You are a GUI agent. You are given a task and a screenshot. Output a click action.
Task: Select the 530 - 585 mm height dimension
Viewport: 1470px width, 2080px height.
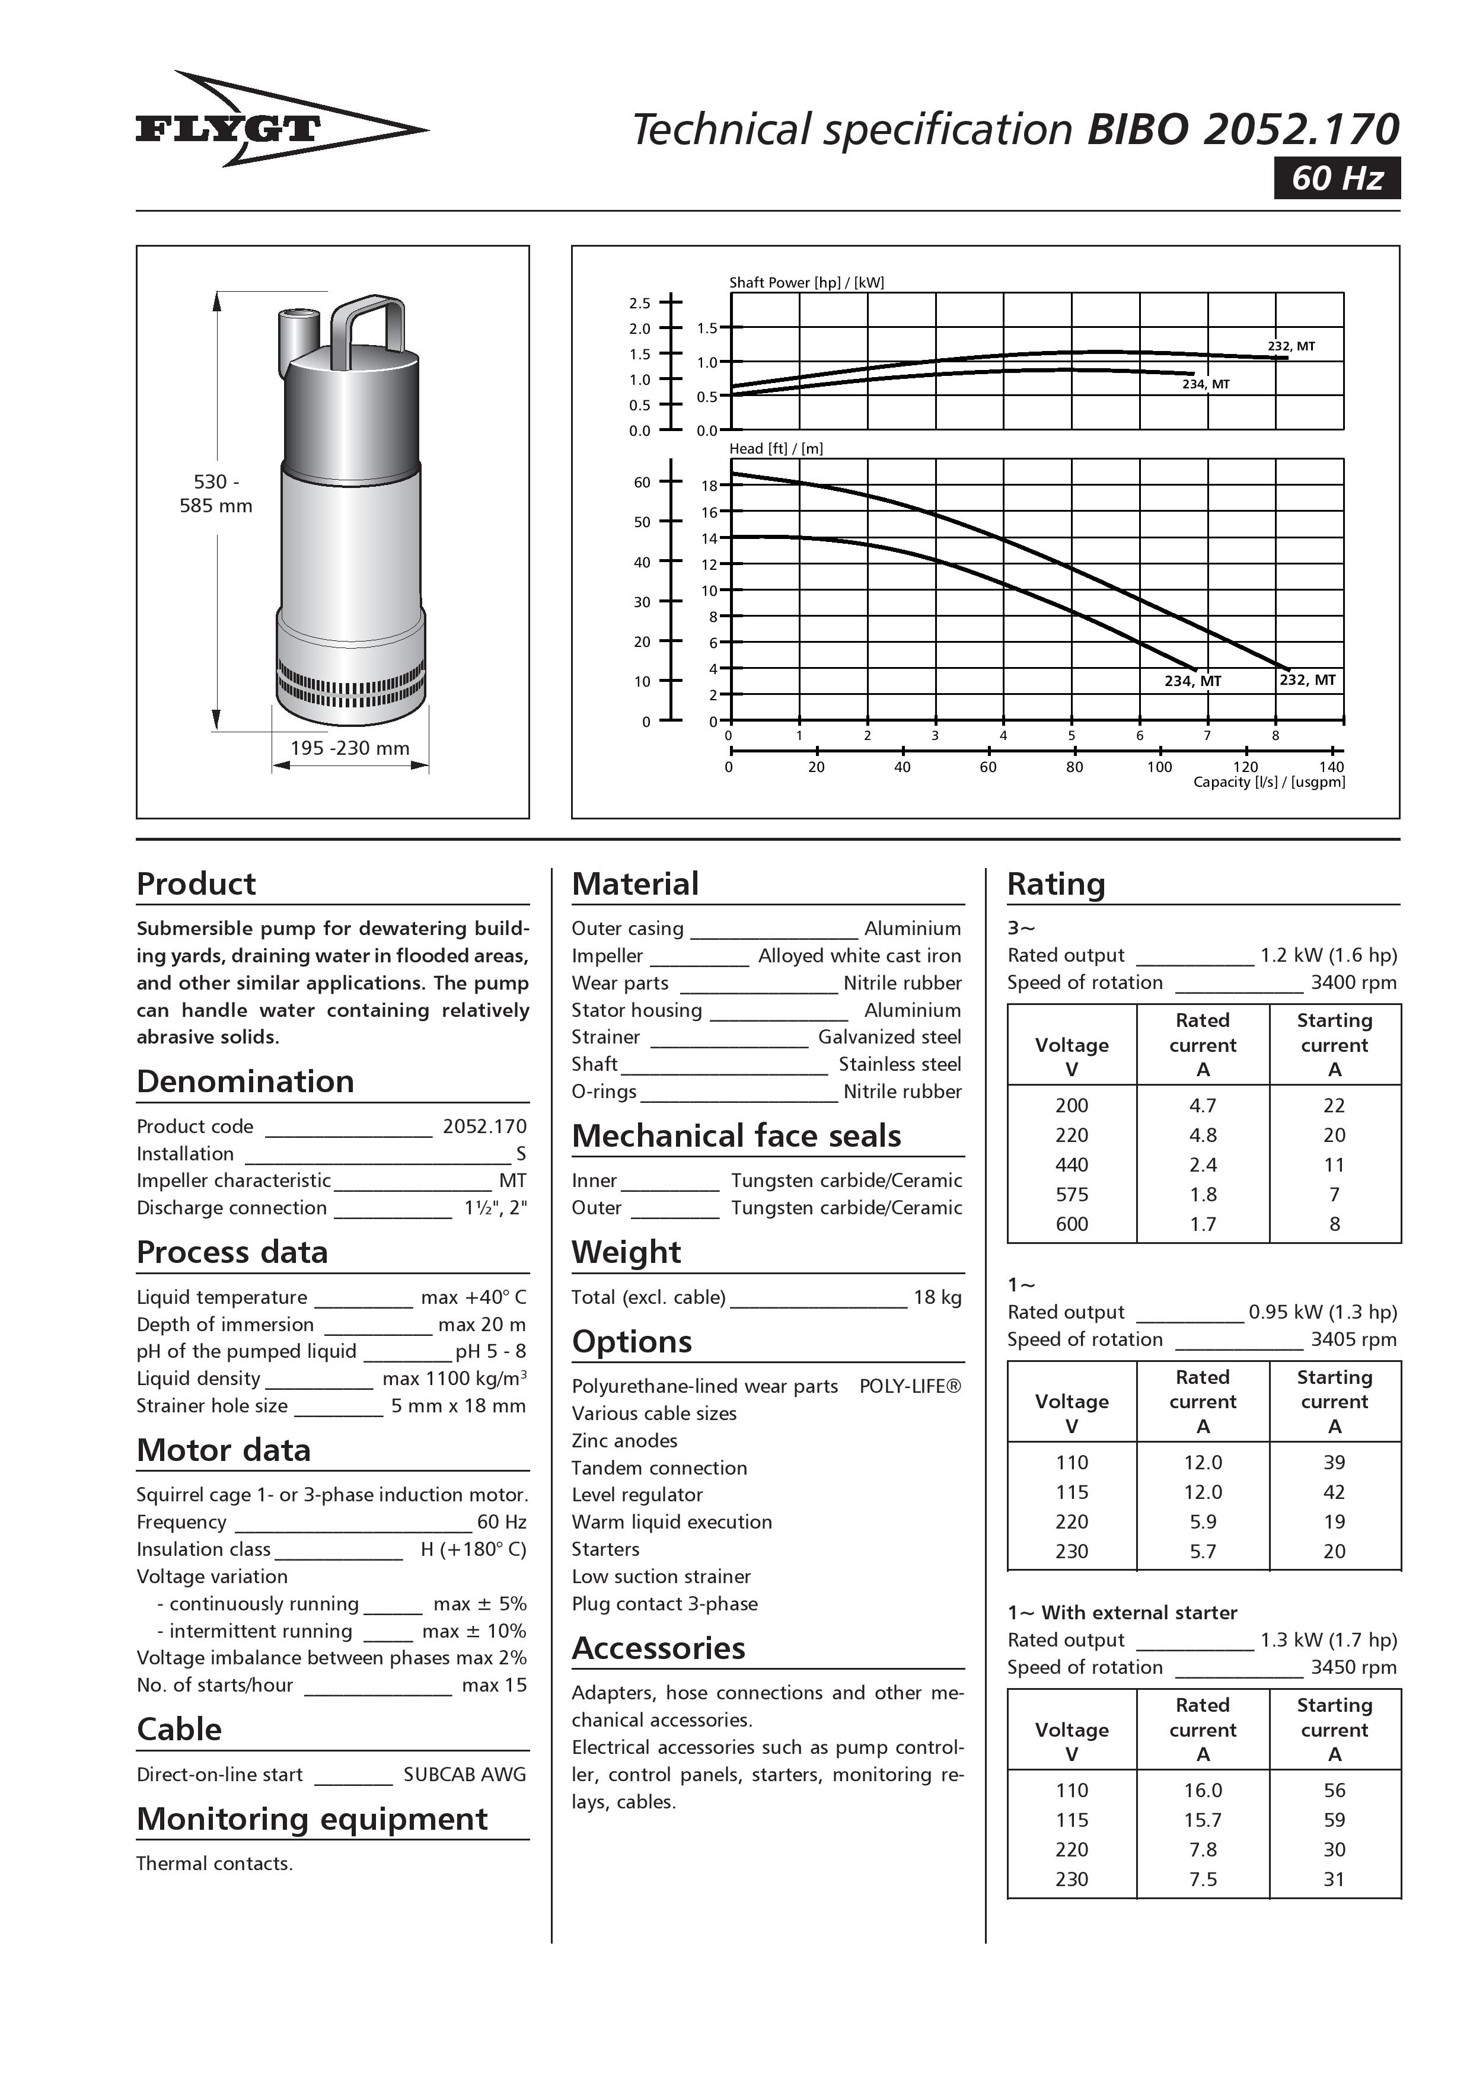(216, 494)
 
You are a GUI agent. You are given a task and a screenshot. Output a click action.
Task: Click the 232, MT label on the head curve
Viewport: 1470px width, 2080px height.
(1307, 680)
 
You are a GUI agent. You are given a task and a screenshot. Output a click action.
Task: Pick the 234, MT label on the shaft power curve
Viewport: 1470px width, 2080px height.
(1206, 384)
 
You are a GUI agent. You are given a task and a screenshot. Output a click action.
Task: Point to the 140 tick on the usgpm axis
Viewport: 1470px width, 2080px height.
(1331, 767)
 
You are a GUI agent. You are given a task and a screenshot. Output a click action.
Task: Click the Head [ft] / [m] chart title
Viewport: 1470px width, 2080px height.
(776, 448)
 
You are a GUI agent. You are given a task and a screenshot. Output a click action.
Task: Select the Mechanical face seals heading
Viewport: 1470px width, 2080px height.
(736, 1136)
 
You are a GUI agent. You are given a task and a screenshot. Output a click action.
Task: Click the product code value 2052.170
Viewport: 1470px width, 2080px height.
(484, 1126)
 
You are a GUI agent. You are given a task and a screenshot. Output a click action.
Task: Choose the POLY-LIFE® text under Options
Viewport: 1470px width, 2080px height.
(910, 1386)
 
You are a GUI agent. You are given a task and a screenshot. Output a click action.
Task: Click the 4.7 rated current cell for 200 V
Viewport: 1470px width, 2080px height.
(1203, 1105)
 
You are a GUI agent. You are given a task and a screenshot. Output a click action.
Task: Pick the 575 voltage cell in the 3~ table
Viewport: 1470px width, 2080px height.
(1072, 1194)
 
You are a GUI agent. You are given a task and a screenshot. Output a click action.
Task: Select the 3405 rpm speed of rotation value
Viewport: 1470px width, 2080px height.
(1353, 1339)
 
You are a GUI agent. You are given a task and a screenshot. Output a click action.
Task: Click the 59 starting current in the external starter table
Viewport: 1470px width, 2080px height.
(1333, 1820)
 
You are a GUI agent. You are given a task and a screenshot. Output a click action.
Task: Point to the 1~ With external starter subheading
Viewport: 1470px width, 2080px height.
(1122, 1613)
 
